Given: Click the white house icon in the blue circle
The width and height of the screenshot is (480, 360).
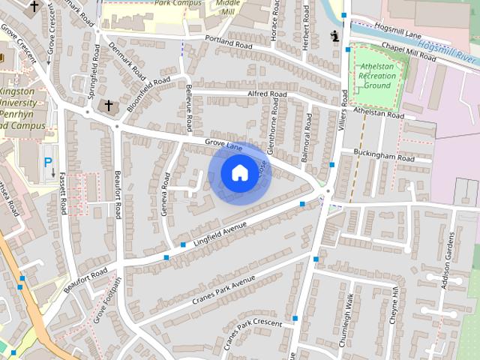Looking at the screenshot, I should point(238,172).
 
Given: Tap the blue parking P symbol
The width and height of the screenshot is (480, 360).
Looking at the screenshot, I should point(49,161).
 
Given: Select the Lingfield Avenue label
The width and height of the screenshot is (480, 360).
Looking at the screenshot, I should point(220,230).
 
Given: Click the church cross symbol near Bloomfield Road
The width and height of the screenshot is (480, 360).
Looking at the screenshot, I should point(109,106).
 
